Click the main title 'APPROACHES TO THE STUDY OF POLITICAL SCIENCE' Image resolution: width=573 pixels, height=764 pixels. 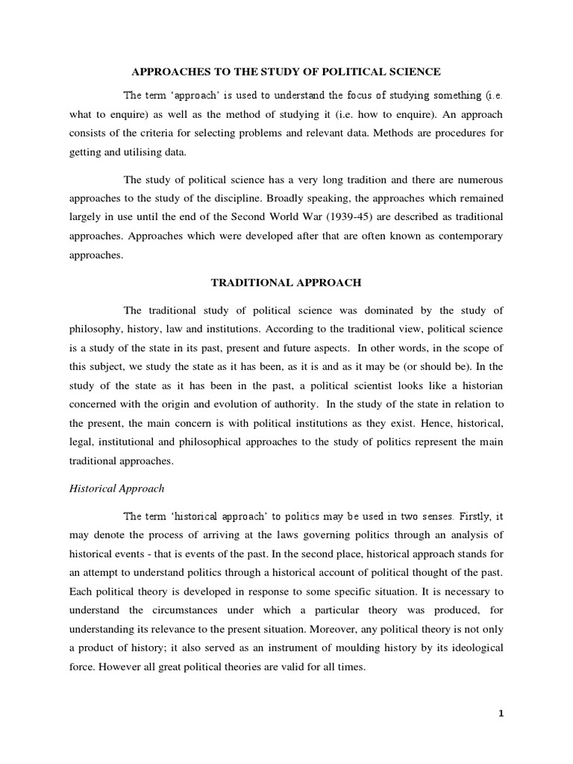point(286,72)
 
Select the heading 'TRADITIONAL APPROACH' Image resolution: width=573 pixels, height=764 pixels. point(286,284)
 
